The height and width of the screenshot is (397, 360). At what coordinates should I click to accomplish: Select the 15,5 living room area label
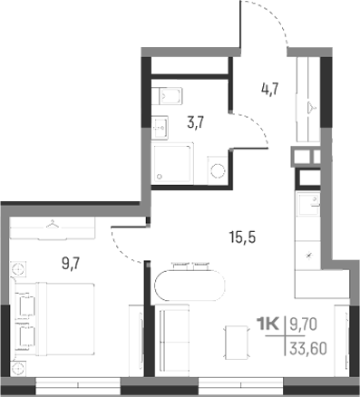click(x=244, y=239)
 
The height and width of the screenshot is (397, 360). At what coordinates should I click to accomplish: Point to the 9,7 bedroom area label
click(x=70, y=265)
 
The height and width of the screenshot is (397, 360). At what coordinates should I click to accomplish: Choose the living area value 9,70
click(x=306, y=322)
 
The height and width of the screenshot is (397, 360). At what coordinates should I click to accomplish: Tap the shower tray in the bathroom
click(x=172, y=169)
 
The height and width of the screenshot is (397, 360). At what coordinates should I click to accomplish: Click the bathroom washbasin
click(x=160, y=127)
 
